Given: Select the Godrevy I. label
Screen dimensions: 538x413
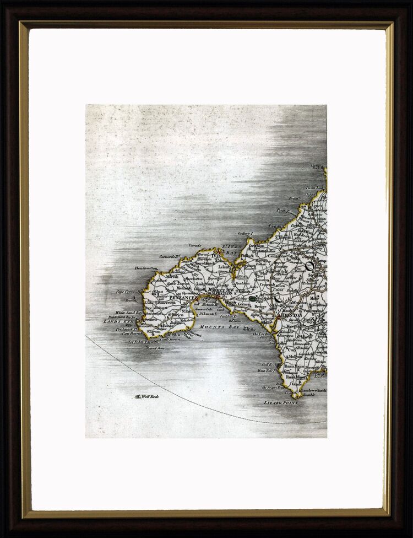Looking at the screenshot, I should coord(244,233).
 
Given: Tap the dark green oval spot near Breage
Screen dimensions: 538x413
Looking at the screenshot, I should coord(253,298).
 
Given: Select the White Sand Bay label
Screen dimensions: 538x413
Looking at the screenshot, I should coord(116,313).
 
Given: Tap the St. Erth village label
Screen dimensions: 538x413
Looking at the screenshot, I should coord(242,277).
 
